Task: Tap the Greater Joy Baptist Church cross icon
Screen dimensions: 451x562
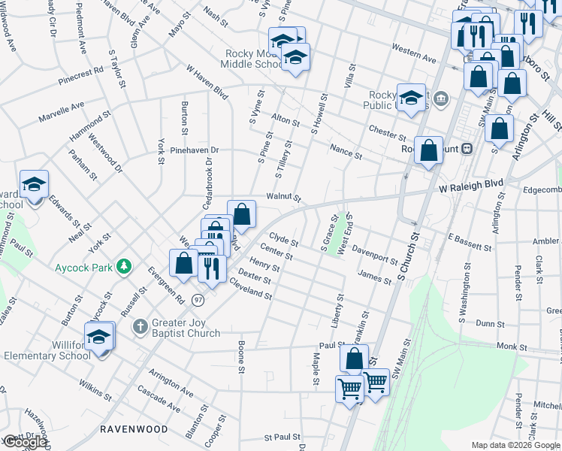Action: (139, 326)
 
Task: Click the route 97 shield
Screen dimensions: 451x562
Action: (198, 300)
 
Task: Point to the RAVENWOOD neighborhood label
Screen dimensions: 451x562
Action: (134, 429)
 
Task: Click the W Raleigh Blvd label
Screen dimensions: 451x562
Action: (470, 183)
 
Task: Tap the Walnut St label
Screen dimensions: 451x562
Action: (283, 198)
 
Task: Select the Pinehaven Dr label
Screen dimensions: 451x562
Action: (192, 150)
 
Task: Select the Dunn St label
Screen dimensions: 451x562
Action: (490, 322)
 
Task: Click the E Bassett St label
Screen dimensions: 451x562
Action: (470, 241)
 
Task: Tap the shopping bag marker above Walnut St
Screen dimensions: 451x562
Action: (242, 215)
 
